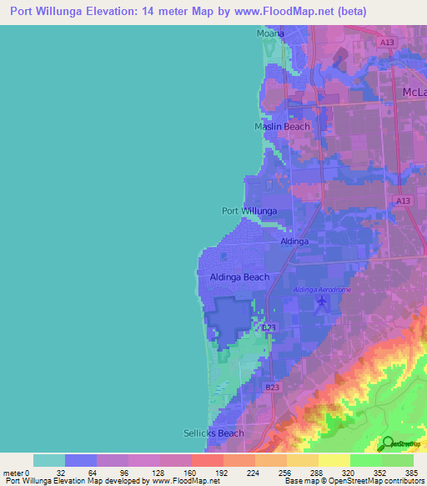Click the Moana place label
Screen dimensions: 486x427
click(269, 33)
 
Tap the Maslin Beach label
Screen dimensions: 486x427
click(281, 127)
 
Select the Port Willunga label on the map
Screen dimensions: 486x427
click(249, 211)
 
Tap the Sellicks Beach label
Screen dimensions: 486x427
click(213, 433)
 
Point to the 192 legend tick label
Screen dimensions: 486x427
click(191, 472)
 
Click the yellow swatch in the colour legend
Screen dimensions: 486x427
click(334, 460)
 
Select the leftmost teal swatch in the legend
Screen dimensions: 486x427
click(49, 460)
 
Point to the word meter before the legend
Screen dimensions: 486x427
click(13, 472)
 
